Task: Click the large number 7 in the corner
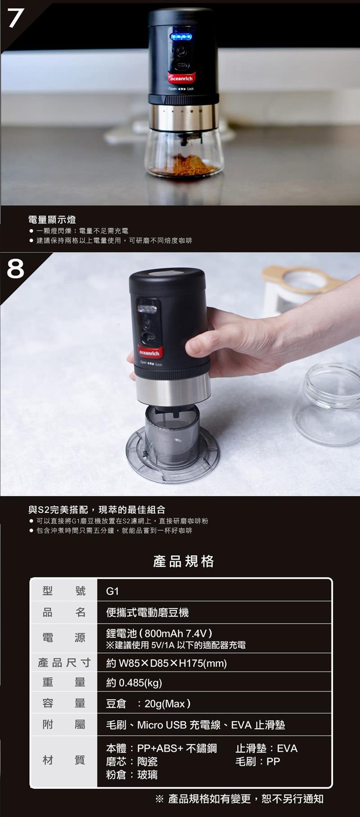tap(15, 18)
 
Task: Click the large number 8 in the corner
tap(15, 269)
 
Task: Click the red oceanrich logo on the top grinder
tap(182, 78)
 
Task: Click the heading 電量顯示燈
tap(52, 220)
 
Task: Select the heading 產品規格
tap(184, 561)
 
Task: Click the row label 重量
tap(64, 682)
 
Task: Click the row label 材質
tap(64, 760)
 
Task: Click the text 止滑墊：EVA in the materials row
tap(266, 748)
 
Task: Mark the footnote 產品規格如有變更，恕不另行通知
tap(246, 799)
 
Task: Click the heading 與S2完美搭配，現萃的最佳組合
tap(97, 510)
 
